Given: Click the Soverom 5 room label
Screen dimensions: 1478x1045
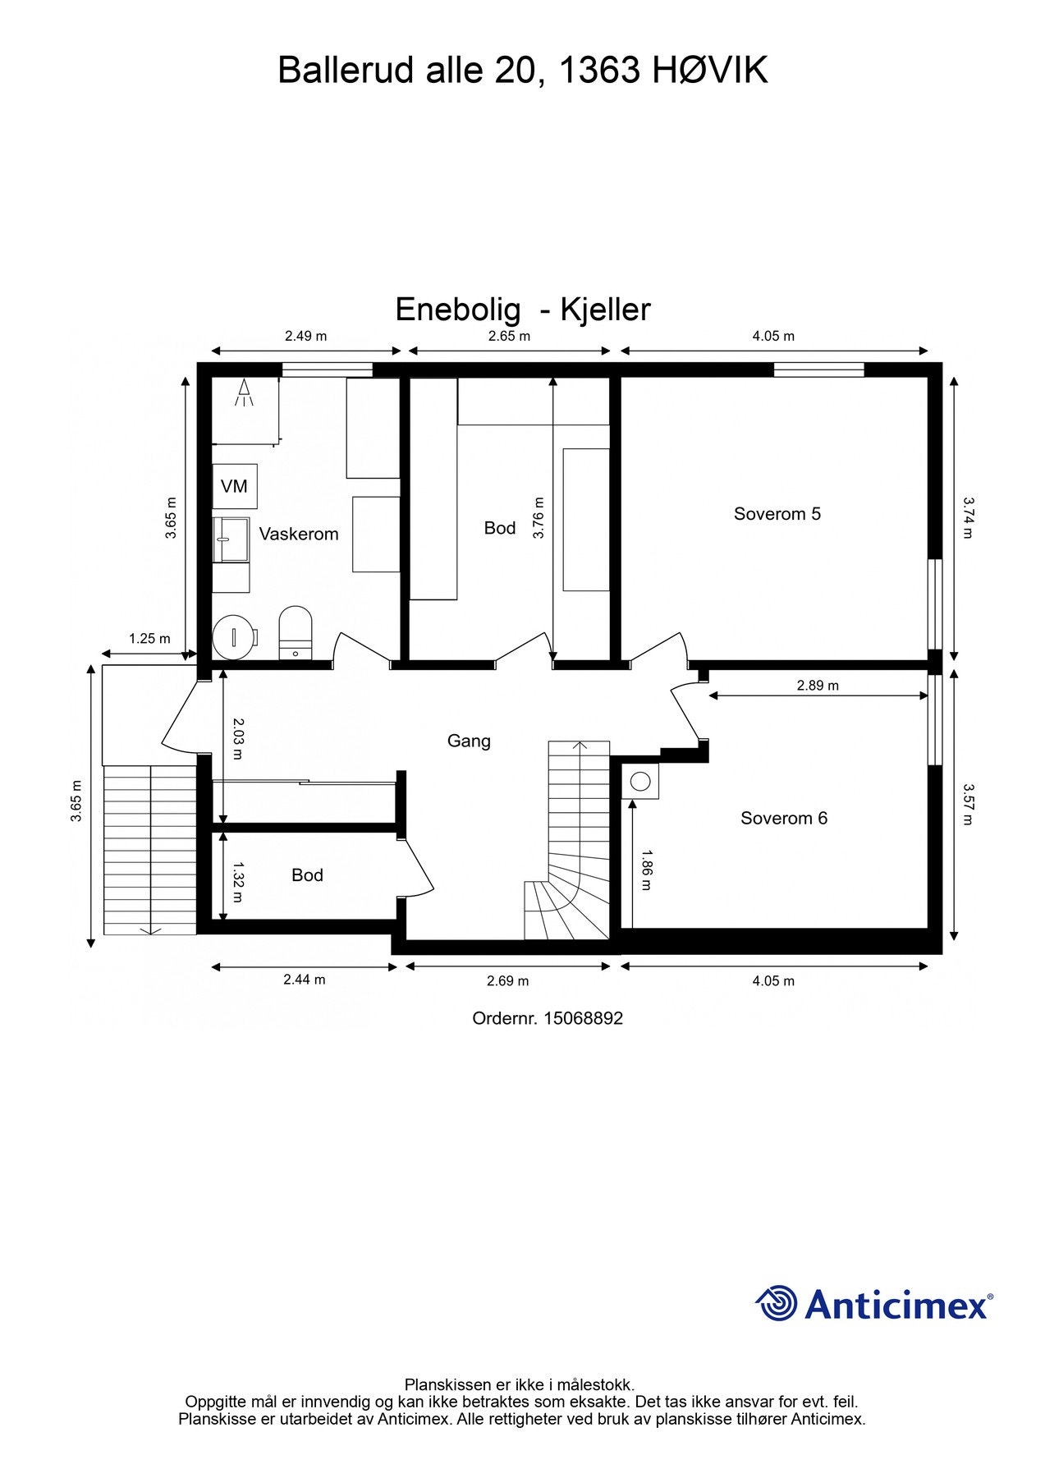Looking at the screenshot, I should (777, 514).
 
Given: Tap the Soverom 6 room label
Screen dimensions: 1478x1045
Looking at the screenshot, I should (783, 818).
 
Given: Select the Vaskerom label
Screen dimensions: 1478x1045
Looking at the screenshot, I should (299, 535).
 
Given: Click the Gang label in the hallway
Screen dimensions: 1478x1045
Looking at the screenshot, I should (469, 741).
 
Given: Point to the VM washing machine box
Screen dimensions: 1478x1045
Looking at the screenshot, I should (235, 486).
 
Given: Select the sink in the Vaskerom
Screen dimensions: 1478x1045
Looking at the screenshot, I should (231, 539).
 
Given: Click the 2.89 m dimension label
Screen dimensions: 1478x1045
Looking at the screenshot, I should (818, 685).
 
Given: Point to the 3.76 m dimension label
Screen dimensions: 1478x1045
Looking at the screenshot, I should (539, 518).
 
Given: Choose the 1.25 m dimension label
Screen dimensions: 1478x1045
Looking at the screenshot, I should (149, 638).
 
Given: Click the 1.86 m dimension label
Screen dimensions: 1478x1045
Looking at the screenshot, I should (647, 870).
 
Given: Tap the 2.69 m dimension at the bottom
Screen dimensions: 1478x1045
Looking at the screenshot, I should (507, 980).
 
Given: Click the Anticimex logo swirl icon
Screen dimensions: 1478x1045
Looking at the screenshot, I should (777, 1303).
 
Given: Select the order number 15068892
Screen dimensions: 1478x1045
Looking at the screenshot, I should (584, 1018).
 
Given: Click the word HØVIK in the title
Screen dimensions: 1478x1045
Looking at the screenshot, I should (710, 71).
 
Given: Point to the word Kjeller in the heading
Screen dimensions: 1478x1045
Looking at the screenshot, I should (605, 310).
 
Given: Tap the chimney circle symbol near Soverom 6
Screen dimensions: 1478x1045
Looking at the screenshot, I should (641, 781).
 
